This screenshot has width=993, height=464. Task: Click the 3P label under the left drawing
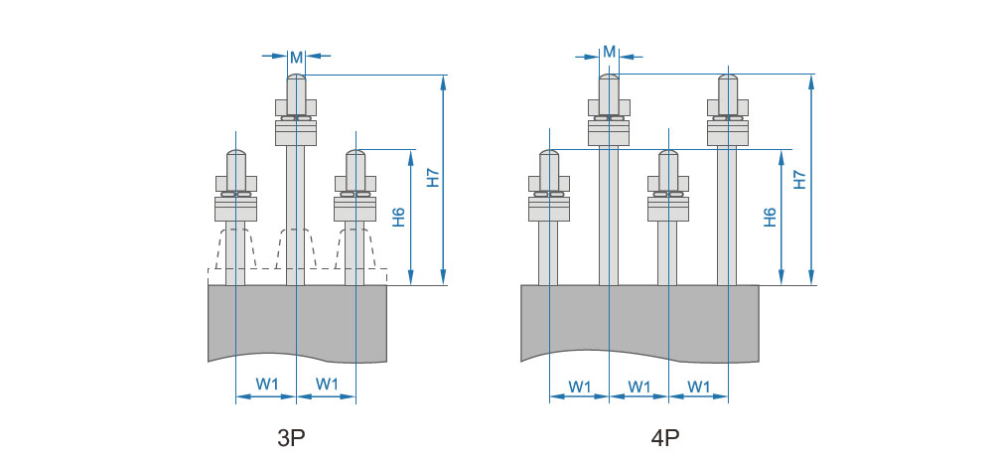pyautogui.click(x=291, y=438)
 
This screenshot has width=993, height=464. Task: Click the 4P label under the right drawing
pyautogui.click(x=665, y=438)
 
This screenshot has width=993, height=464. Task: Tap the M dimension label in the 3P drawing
pyautogui.click(x=296, y=58)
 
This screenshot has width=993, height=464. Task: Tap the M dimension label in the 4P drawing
pyautogui.click(x=610, y=52)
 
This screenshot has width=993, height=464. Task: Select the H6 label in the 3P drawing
pyautogui.click(x=399, y=218)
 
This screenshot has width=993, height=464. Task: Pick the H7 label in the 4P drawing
pyautogui.click(x=800, y=180)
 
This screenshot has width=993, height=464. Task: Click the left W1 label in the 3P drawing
pyautogui.click(x=266, y=384)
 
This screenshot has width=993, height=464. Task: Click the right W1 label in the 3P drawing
pyautogui.click(x=327, y=384)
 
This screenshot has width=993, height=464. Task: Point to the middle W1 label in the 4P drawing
pyautogui.click(x=638, y=387)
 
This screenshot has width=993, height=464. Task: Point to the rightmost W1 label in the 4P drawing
pyautogui.click(x=698, y=387)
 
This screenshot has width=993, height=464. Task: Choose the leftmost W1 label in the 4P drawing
pyautogui.click(x=580, y=387)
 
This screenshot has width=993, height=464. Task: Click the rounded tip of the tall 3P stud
pyautogui.click(x=296, y=78)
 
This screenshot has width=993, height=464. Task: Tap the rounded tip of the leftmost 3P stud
pyautogui.click(x=235, y=154)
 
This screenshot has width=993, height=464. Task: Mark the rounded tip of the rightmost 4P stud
pyautogui.click(x=728, y=78)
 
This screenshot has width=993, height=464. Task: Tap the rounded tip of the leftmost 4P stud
pyautogui.click(x=548, y=154)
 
